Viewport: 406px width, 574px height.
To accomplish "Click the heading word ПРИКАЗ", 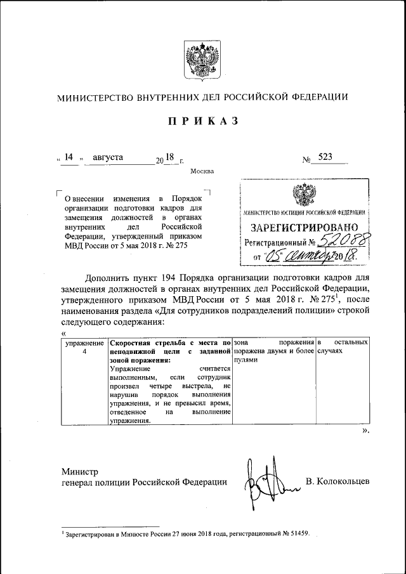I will tap(202, 121).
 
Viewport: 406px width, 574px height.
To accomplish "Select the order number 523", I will tap(327, 157).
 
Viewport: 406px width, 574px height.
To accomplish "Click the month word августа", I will tap(109, 157).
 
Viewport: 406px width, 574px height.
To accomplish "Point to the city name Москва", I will tap(202, 171).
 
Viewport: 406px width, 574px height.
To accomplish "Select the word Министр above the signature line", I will tap(81, 471).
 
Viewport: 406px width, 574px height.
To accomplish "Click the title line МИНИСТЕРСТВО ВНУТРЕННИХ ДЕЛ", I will tap(202, 98).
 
